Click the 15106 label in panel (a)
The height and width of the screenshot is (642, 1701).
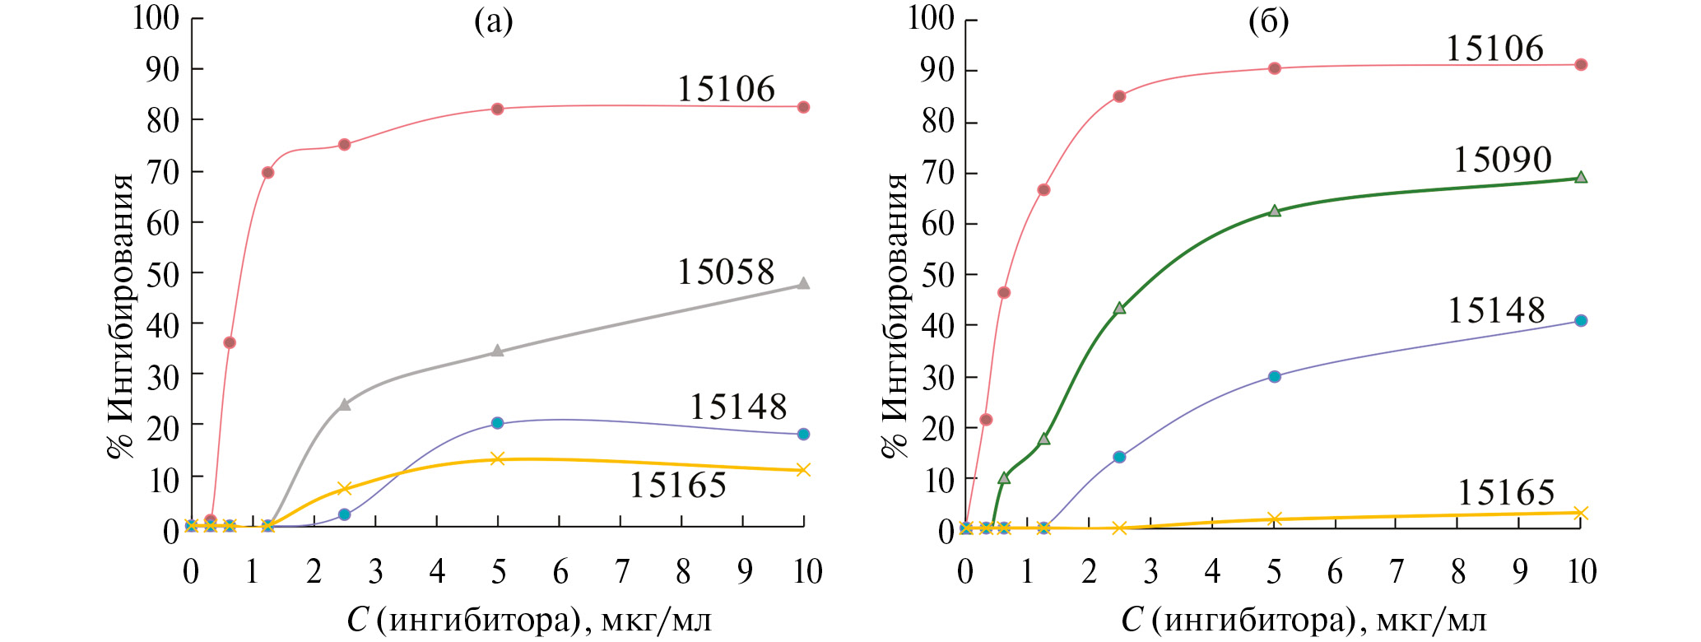pyautogui.click(x=726, y=89)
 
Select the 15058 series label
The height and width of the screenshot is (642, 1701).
pyautogui.click(x=726, y=272)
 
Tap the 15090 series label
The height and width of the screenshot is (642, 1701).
pyautogui.click(x=1502, y=160)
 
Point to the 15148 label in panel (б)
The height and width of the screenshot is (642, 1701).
pyautogui.click(x=1496, y=310)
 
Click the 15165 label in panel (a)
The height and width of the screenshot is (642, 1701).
pyautogui.click(x=677, y=486)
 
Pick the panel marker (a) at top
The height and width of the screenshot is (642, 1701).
pyautogui.click(x=493, y=22)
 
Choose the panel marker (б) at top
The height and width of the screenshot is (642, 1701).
pyautogui.click(x=1268, y=22)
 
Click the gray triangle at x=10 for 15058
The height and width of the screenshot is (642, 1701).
pyautogui.click(x=804, y=283)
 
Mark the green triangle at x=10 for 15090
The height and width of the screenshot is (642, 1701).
pyautogui.click(x=1580, y=177)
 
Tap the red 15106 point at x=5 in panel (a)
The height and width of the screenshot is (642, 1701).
pyautogui.click(x=497, y=109)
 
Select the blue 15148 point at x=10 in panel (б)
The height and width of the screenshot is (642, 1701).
pyautogui.click(x=1580, y=320)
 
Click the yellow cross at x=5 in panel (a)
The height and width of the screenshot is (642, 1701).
pyautogui.click(x=497, y=458)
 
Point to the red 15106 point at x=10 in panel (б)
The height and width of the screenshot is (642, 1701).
pyautogui.click(x=1580, y=64)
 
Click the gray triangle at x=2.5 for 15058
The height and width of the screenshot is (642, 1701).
pyautogui.click(x=345, y=404)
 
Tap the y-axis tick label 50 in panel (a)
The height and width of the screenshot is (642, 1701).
pyautogui.click(x=162, y=274)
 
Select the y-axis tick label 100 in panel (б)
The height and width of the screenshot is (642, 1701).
pyautogui.click(x=930, y=17)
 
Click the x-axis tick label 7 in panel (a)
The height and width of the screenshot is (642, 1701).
pyautogui.click(x=622, y=571)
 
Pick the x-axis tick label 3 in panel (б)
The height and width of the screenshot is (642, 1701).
pyautogui.click(x=1150, y=571)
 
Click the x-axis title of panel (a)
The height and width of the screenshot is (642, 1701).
pyautogui.click(x=529, y=619)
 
